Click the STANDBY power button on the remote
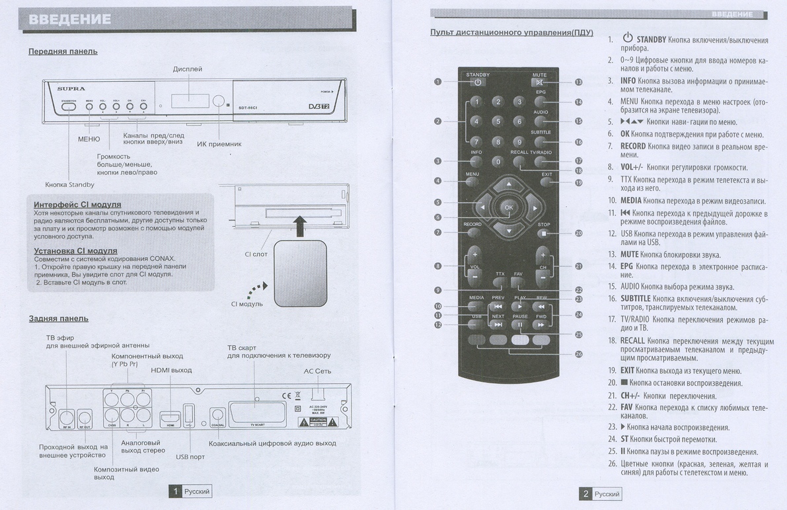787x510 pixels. [477, 83]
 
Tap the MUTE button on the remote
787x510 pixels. [540, 83]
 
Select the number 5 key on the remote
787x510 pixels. [498, 122]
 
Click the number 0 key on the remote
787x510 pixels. [498, 161]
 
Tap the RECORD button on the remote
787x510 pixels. [472, 232]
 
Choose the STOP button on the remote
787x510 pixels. [543, 233]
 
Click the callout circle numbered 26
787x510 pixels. [579, 354]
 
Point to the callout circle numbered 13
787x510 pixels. [578, 83]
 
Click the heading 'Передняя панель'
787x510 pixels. [63, 52]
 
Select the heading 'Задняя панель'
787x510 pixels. [58, 318]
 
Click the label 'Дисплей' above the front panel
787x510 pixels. [188, 69]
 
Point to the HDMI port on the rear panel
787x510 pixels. [170, 418]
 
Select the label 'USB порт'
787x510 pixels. [190, 456]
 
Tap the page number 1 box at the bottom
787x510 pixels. [175, 491]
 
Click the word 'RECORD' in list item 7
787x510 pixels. [633, 146]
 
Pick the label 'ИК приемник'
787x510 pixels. [219, 143]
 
